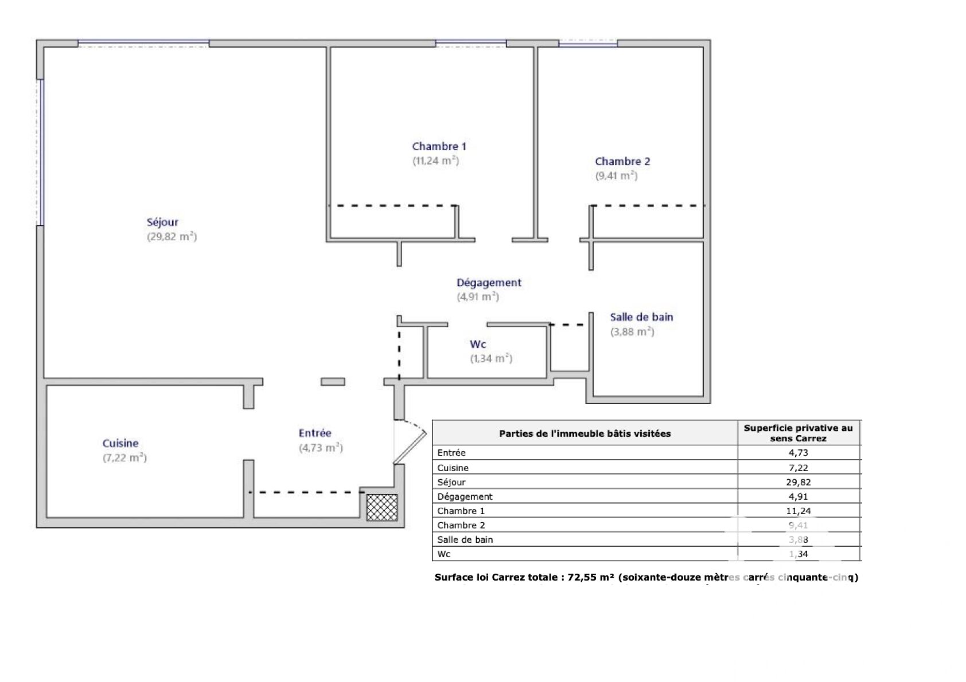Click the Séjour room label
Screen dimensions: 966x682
coord(162,223)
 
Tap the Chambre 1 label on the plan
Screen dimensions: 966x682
coord(439,147)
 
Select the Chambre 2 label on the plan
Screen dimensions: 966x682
coord(622,162)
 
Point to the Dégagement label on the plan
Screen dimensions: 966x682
coord(489,283)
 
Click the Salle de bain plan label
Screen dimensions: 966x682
coord(641,317)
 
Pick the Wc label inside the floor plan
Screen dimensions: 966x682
coord(478,344)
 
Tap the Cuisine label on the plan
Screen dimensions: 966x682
coord(120,444)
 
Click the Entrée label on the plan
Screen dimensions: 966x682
coord(315,433)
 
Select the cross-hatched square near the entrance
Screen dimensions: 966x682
coord(381,508)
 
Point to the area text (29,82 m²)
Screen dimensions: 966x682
coord(172,237)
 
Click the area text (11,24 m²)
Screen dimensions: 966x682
coord(435,160)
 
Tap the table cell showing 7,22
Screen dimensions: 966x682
coord(798,468)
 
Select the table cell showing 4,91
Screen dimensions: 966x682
coord(798,496)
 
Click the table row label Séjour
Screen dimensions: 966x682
coord(451,482)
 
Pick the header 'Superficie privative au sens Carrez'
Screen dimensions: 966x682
coord(798,433)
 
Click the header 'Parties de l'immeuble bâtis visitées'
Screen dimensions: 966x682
coord(585,433)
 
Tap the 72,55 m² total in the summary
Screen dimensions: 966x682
coord(590,577)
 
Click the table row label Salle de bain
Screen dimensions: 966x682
coord(465,539)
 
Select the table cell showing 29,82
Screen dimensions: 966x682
coord(798,482)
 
